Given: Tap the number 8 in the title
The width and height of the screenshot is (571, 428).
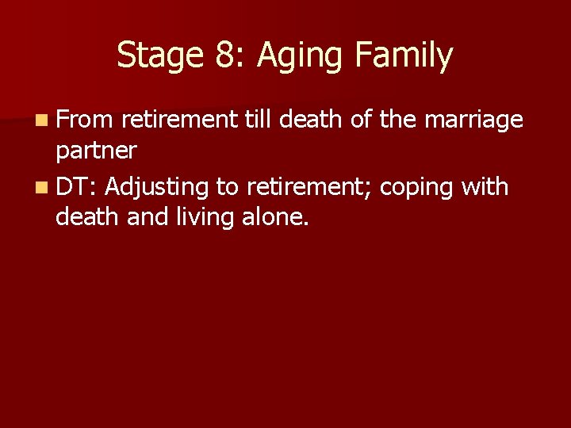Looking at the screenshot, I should (224, 56).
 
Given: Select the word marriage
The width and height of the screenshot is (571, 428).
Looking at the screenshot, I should (474, 120).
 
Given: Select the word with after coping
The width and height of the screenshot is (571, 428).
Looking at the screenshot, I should (484, 187).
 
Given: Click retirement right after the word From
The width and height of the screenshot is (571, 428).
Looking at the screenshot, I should (180, 120).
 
